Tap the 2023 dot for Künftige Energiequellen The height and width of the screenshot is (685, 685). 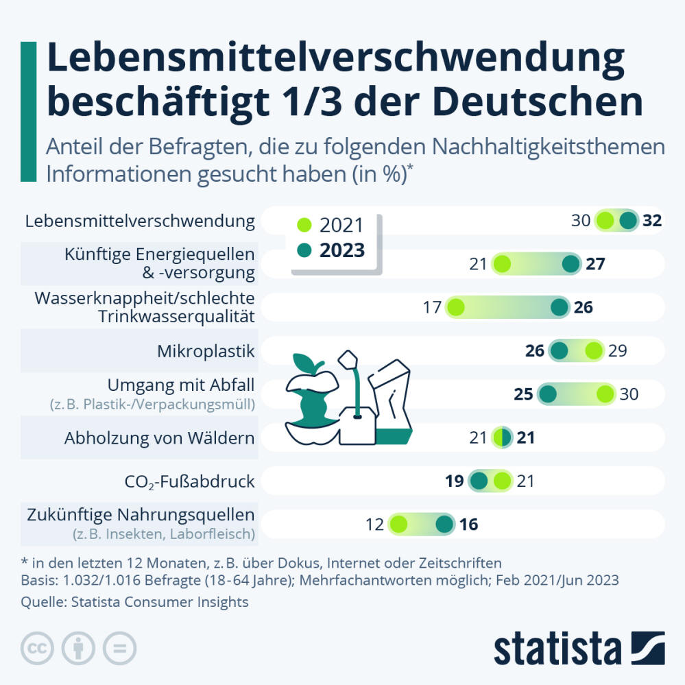pyautogui.click(x=570, y=264)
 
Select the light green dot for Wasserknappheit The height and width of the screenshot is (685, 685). pyautogui.click(x=455, y=307)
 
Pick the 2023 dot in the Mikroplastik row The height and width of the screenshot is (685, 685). pyautogui.click(x=560, y=351)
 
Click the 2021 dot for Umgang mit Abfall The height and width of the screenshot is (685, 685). pyautogui.click(x=605, y=394)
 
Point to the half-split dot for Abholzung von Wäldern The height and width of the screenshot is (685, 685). pyautogui.click(x=503, y=437)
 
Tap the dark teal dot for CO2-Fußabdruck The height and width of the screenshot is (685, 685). pyautogui.click(x=479, y=481)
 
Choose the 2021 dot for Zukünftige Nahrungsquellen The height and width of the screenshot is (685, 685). pyautogui.click(x=398, y=525)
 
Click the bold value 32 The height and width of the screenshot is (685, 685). pyautogui.click(x=651, y=221)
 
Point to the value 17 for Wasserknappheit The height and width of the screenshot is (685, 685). pyautogui.click(x=431, y=307)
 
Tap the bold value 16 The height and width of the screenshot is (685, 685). pyautogui.click(x=469, y=525)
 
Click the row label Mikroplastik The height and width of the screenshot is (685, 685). pyautogui.click(x=206, y=352)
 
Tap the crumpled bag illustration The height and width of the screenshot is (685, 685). pyautogui.click(x=391, y=401)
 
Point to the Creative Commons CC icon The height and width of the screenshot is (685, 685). pyautogui.click(x=38, y=647)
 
